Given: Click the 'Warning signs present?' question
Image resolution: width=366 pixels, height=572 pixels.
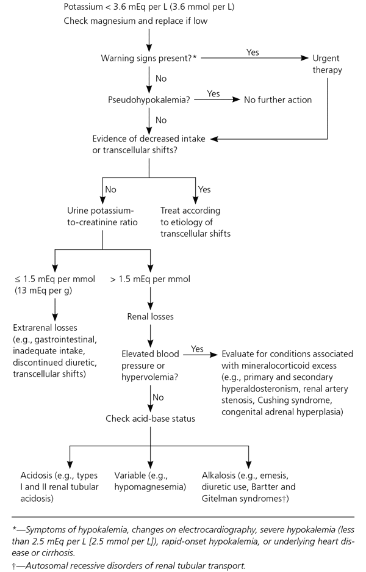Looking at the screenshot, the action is pyautogui.click(x=149, y=59).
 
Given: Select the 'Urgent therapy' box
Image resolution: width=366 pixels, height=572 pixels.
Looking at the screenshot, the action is pyautogui.click(x=327, y=64).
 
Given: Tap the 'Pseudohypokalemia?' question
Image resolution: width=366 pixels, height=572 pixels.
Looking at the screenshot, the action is pyautogui.click(x=149, y=100).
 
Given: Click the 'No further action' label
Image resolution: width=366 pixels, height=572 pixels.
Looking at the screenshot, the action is pyautogui.click(x=278, y=100).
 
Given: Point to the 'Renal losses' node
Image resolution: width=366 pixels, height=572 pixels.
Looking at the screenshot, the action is pyautogui.click(x=150, y=317).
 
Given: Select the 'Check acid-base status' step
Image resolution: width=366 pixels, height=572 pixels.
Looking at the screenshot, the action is pyautogui.click(x=150, y=419).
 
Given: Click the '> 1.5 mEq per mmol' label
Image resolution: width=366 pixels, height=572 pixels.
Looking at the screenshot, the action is pyautogui.click(x=150, y=279).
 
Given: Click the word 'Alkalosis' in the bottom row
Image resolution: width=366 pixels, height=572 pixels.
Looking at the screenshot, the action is pyautogui.click(x=219, y=476).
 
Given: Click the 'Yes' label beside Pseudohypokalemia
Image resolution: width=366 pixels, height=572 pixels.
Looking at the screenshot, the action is pyautogui.click(x=213, y=94).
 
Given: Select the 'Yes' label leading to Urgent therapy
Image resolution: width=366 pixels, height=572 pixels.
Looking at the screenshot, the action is pyautogui.click(x=253, y=52).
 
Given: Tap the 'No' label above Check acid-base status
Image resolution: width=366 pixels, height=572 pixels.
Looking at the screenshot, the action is pyautogui.click(x=158, y=397).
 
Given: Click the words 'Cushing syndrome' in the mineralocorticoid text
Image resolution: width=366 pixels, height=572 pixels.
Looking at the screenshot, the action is pyautogui.click(x=294, y=400).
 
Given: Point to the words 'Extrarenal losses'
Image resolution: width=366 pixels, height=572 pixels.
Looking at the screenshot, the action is pyautogui.click(x=45, y=328).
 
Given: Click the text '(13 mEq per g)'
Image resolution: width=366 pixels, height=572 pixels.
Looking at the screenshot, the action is pyautogui.click(x=43, y=291).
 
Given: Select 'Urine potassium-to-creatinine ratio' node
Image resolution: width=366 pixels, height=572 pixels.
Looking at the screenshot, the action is pyautogui.click(x=102, y=216).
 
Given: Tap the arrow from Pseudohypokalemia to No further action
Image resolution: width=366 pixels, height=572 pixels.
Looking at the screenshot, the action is pyautogui.click(x=217, y=100).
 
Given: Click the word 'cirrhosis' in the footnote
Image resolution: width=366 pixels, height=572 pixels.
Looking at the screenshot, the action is pyautogui.click(x=58, y=552).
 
